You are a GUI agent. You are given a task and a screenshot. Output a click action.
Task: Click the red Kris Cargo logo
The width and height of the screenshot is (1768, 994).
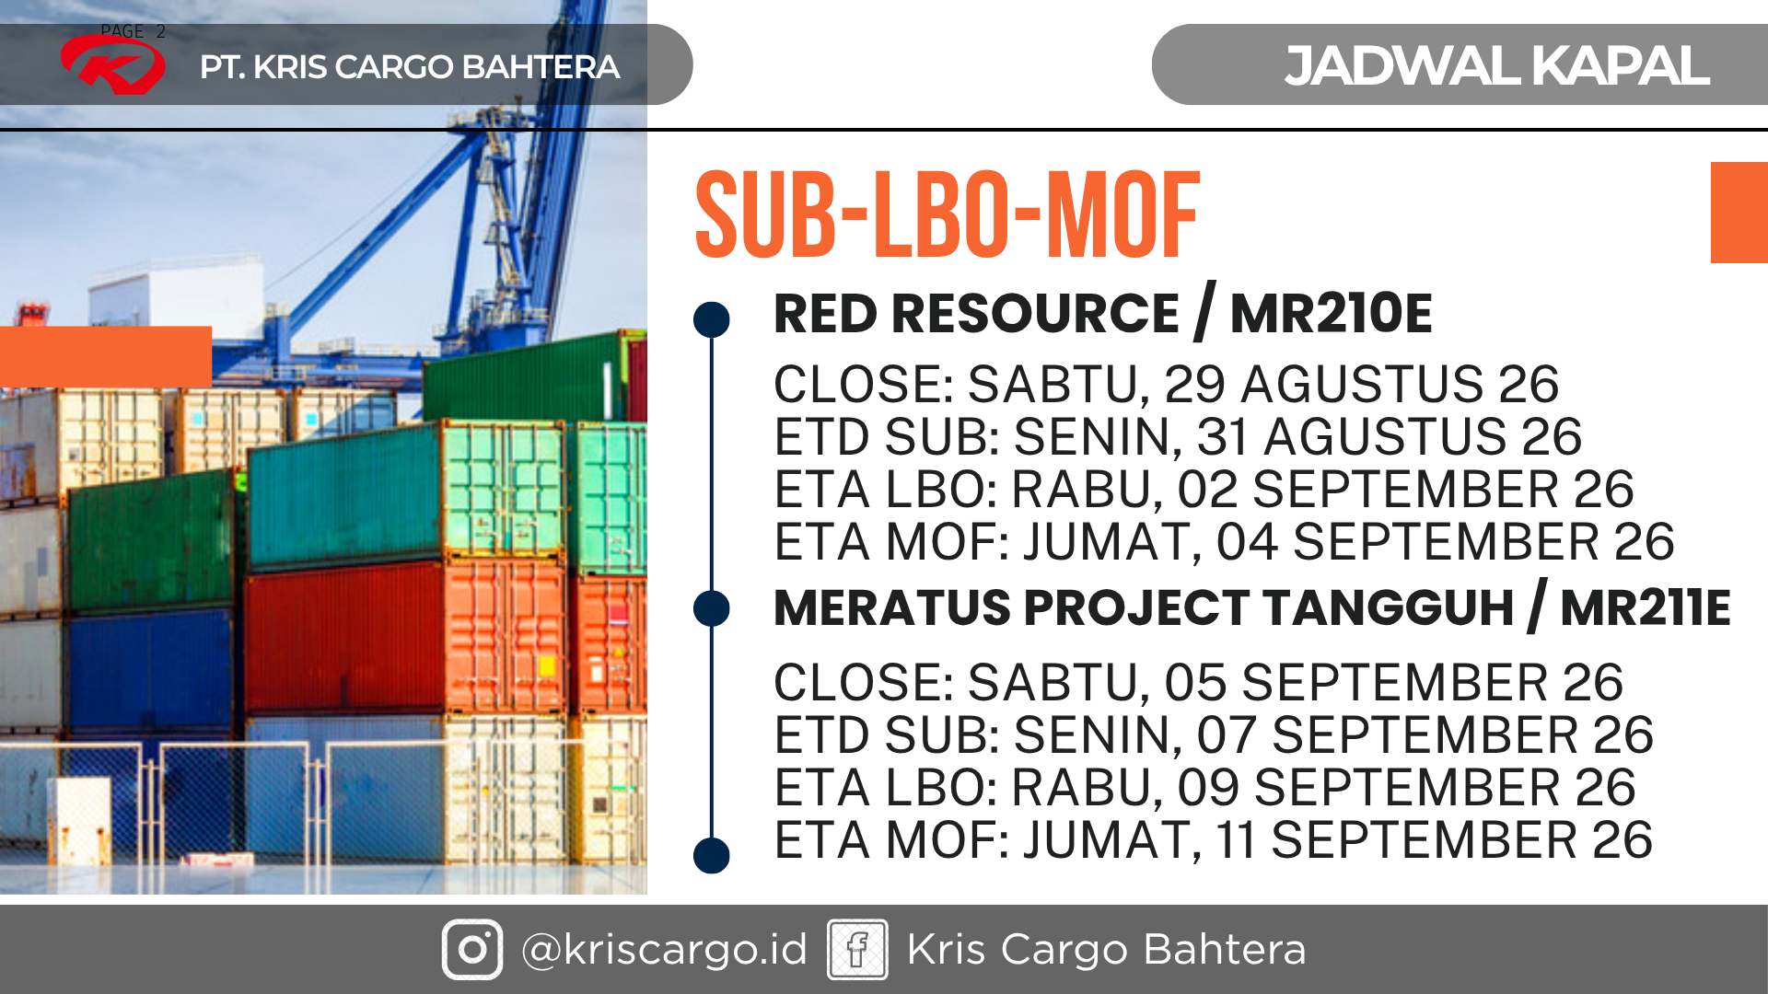112,64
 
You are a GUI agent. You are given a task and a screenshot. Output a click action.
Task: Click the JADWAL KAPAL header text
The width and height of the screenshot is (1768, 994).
1496,65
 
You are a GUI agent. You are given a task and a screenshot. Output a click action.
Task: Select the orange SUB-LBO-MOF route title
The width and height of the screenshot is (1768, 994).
948,214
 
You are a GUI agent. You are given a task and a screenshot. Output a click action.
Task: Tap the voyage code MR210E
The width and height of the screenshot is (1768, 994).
1331,313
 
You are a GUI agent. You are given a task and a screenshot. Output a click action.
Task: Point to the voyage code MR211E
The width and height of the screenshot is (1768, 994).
1645,607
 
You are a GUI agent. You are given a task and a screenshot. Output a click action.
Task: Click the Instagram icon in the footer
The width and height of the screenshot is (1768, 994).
472,949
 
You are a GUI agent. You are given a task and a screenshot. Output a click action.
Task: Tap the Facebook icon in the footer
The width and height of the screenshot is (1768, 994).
857,949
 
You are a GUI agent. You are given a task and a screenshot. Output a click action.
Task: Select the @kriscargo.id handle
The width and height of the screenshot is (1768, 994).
664,950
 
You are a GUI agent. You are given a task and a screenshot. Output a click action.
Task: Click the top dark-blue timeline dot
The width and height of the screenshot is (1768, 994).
711,319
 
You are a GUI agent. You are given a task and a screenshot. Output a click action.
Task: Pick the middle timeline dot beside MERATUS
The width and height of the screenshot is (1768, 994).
711,608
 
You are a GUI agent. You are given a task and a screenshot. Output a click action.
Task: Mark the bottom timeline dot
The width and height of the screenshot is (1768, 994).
711,855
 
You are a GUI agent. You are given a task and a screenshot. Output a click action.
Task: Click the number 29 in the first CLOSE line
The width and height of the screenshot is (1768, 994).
1194,385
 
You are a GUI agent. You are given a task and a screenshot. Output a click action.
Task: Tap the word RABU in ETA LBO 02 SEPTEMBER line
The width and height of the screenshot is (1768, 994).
1080,490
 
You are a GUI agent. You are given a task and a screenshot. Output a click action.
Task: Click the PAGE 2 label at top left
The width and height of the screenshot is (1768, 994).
133,31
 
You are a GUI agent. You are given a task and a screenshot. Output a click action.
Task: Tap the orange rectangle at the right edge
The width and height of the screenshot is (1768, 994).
1739,213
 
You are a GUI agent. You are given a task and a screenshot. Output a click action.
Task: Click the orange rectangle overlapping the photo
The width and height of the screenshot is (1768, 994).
106,357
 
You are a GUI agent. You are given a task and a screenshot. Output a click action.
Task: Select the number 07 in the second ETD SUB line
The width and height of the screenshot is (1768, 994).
1227,735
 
